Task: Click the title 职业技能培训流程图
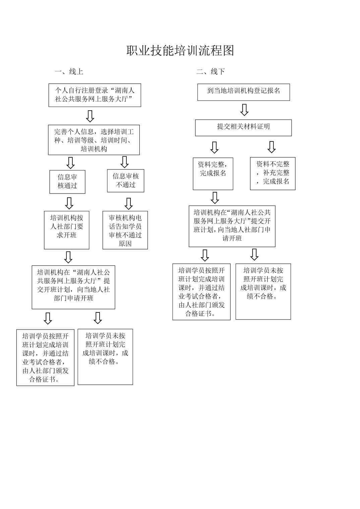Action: click(x=180, y=51)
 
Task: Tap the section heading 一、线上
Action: click(x=69, y=72)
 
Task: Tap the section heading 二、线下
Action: click(x=211, y=72)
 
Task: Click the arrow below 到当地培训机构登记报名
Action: click(x=244, y=110)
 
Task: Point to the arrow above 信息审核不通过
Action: click(x=124, y=162)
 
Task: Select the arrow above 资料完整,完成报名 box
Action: click(x=215, y=147)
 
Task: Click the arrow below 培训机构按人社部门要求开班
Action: click(x=68, y=257)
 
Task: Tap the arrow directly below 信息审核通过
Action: click(x=69, y=203)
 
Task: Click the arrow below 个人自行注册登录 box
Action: click(x=90, y=116)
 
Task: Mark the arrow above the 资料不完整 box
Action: click(x=272, y=147)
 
